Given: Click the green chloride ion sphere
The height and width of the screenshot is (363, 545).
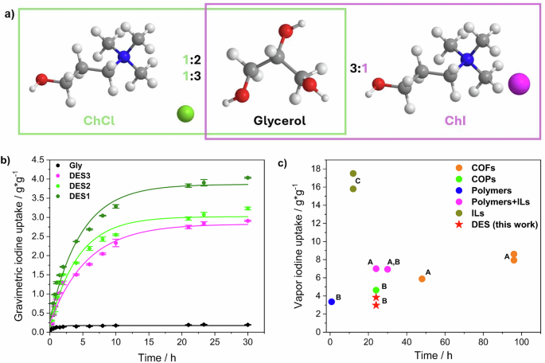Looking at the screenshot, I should pos(185,115).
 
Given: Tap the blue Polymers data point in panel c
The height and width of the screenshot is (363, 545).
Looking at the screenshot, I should pos(332,302).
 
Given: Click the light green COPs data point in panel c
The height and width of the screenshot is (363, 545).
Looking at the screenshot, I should pos(376,291).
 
